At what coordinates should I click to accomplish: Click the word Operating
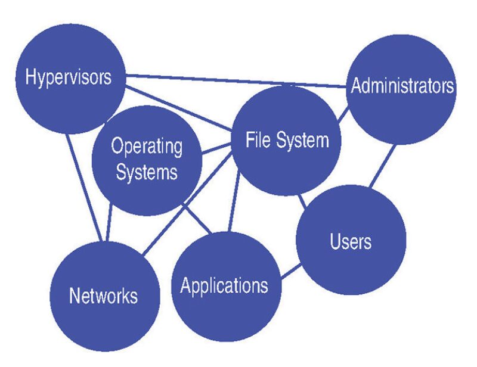(147, 145)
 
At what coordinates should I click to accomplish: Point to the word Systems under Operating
(147, 172)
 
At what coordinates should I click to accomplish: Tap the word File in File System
(258, 141)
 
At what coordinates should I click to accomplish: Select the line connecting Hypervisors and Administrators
(238, 82)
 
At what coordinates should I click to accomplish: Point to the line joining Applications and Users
(289, 272)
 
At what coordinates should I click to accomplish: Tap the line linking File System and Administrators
(342, 117)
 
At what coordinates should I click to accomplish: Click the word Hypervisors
(68, 77)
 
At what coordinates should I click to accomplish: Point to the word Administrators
(402, 87)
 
